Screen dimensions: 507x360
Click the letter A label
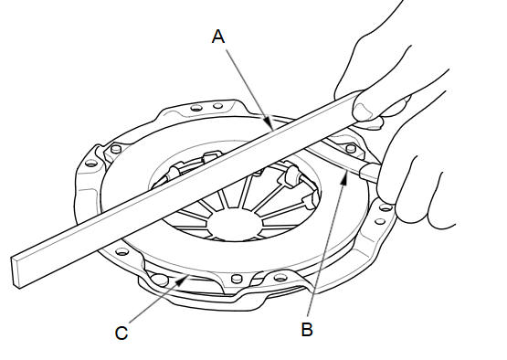[x=218, y=37]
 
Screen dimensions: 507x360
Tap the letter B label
[x=307, y=329]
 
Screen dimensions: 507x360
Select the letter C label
[x=121, y=333]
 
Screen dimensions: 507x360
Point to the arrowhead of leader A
[x=268, y=123]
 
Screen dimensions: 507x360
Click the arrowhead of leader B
[x=345, y=178]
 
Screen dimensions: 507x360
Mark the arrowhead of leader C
[x=181, y=281]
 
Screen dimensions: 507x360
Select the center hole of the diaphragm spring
[x=234, y=224]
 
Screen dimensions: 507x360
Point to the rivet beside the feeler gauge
[x=351, y=148]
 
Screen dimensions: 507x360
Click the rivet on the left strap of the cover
[x=116, y=149]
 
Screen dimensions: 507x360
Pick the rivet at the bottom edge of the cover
[x=237, y=278]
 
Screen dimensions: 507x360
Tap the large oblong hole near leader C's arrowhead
[x=160, y=280]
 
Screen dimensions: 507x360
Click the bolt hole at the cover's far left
[x=91, y=163]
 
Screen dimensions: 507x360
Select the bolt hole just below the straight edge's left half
[x=121, y=251]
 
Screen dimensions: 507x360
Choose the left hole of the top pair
[x=196, y=108]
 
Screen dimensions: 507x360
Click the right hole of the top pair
[x=218, y=105]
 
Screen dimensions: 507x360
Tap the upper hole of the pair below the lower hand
[x=386, y=207]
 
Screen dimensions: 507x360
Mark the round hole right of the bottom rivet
[x=280, y=277]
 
